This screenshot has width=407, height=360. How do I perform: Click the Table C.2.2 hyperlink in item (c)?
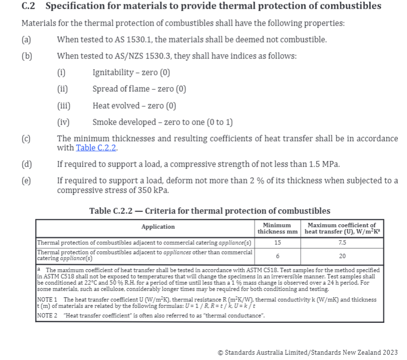click(97, 148)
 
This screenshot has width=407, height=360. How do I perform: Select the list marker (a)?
click(26, 40)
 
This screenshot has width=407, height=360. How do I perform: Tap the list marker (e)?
click(26, 181)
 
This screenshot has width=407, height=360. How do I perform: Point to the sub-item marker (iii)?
click(64, 106)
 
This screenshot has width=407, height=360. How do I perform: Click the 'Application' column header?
click(158, 227)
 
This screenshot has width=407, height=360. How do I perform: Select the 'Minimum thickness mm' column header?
click(277, 228)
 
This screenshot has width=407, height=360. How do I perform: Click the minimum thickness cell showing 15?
click(277, 243)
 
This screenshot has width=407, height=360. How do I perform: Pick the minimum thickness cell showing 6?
click(277, 256)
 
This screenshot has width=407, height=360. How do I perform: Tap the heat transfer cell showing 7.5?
click(342, 243)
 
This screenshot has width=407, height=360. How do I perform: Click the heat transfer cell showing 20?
click(342, 256)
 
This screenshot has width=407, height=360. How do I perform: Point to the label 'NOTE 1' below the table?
click(47, 300)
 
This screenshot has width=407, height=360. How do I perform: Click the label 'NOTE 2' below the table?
click(47, 316)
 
